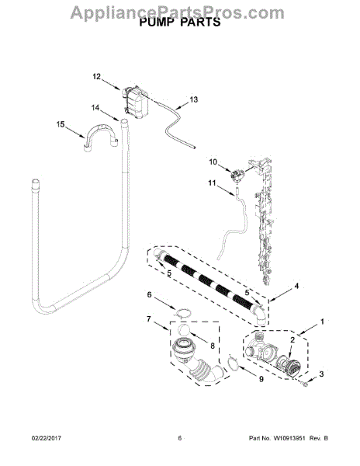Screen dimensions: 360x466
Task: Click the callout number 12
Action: (x=97, y=77)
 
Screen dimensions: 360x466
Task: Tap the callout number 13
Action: (x=193, y=99)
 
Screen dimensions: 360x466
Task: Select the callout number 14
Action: (x=95, y=108)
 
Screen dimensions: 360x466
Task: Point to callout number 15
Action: (x=61, y=124)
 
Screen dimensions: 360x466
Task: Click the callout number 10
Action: (x=213, y=162)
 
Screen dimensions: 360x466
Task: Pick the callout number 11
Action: (x=212, y=183)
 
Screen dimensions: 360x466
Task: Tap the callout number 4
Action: (x=296, y=286)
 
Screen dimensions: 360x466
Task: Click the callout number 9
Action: (x=261, y=379)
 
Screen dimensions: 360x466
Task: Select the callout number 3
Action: (x=322, y=374)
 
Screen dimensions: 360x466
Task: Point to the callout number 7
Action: (x=149, y=319)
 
